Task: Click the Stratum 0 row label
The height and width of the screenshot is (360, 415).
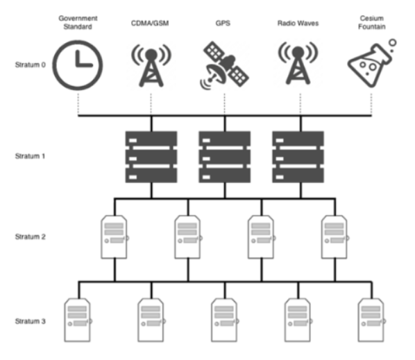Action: tap(30, 65)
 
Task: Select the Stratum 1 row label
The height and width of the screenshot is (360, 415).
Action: tap(30, 156)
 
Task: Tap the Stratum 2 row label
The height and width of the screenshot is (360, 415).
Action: tap(30, 237)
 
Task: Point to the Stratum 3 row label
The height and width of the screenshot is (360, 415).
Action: tap(30, 321)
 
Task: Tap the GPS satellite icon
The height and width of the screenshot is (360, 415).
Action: tap(224, 65)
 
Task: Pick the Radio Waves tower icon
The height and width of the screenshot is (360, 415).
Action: tap(298, 63)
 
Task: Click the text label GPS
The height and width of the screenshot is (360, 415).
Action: tap(223, 24)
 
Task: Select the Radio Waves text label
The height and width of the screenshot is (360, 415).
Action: tap(298, 24)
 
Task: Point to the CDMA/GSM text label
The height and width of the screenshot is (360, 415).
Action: tap(150, 24)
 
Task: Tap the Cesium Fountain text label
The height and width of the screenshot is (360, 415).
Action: tap(371, 22)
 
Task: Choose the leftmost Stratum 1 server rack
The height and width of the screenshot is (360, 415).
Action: tap(151, 157)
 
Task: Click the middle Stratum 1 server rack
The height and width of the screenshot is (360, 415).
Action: tap(225, 157)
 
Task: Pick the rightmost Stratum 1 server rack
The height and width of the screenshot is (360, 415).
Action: tap(298, 157)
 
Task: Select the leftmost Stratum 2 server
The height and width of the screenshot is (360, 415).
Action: tap(115, 237)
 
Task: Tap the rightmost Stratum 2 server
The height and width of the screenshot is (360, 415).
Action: tap(334, 237)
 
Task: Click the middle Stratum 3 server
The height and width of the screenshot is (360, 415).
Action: tap(225, 320)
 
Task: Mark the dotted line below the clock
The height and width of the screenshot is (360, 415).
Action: tap(78, 104)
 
